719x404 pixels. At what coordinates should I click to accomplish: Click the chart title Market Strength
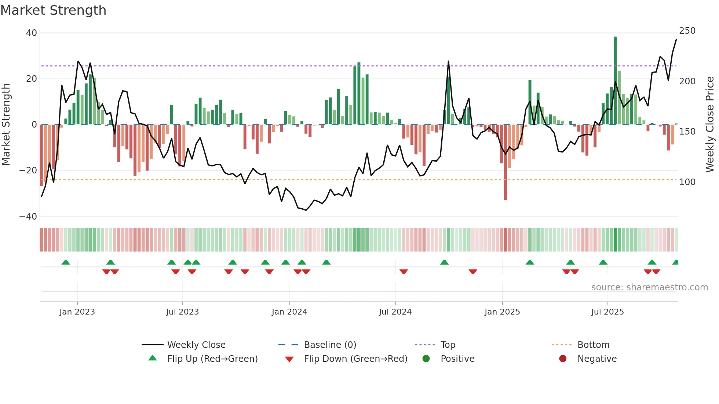coord(53,10)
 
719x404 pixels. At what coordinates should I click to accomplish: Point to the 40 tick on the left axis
coord(32,33)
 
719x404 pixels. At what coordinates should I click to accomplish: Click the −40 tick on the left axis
coord(28,217)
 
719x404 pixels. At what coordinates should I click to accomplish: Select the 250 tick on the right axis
coord(687,31)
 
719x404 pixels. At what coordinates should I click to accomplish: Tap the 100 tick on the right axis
coord(687,182)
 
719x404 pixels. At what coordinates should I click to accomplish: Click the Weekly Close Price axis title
coord(710,125)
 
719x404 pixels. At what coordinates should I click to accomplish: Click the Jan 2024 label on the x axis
coord(289,312)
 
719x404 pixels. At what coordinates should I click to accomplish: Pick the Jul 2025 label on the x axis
coord(607,312)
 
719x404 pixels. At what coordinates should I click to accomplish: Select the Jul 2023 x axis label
coord(182,312)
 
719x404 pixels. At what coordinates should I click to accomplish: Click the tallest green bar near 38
coord(615,81)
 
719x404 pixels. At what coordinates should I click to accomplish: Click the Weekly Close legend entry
coord(196,345)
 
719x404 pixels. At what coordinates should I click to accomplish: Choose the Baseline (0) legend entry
coord(330,345)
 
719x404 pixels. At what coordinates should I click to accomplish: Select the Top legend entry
coord(448,345)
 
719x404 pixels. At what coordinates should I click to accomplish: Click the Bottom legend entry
coord(593,345)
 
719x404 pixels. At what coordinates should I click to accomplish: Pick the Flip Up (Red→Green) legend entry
coord(212,359)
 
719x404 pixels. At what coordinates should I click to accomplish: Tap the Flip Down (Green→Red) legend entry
coord(355,359)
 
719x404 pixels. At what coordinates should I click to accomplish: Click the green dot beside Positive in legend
coord(426,359)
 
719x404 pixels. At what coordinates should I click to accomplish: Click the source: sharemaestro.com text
coord(649,287)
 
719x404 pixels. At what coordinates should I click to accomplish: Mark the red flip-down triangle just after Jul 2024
coord(404,272)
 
